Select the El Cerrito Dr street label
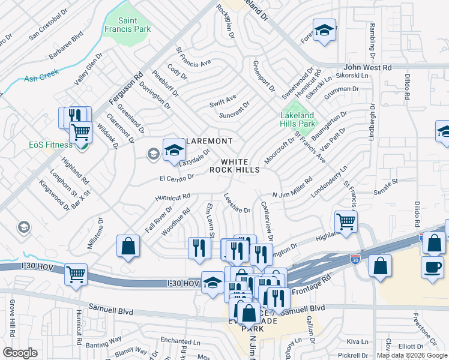pos(176,177)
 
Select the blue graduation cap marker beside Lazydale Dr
pos(174,150)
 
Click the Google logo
pos(20,352)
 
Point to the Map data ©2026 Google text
pos(412,355)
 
